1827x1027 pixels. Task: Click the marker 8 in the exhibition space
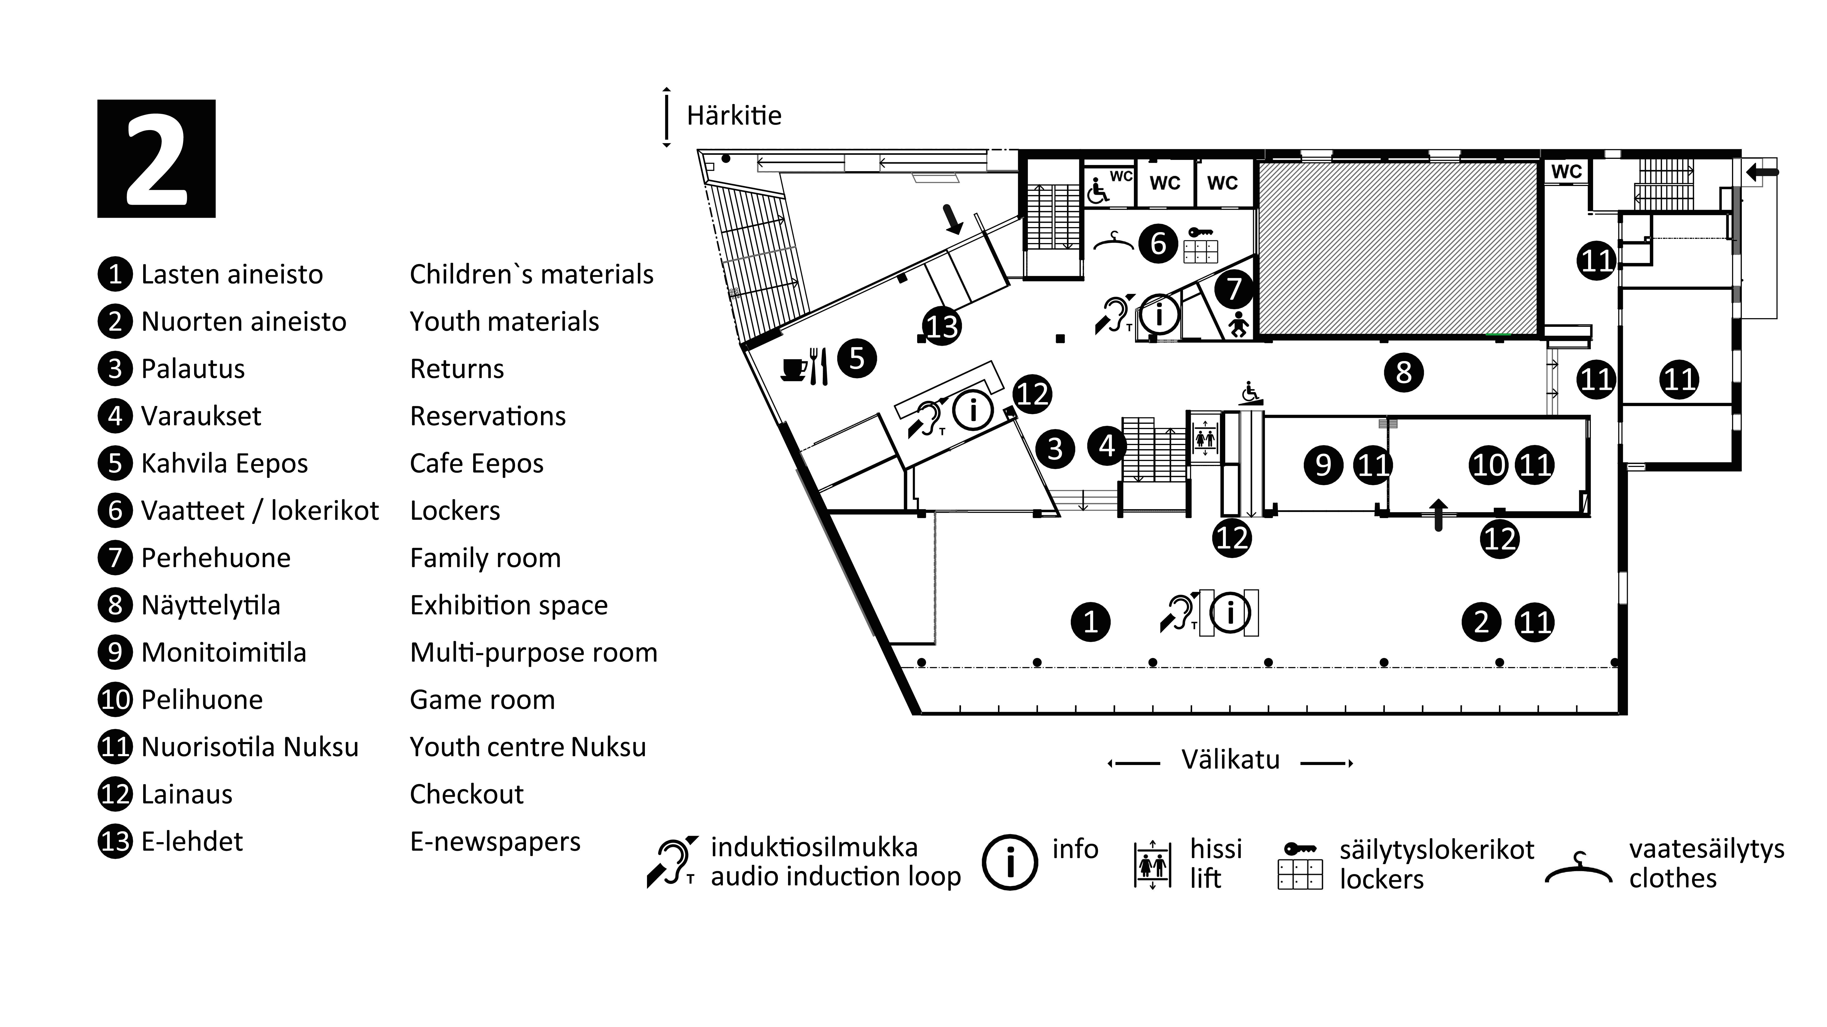click(x=1404, y=372)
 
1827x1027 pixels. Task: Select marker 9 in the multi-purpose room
click(x=1323, y=465)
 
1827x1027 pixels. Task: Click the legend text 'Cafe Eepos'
click(x=477, y=464)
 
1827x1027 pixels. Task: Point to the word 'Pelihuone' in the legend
click(x=202, y=700)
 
